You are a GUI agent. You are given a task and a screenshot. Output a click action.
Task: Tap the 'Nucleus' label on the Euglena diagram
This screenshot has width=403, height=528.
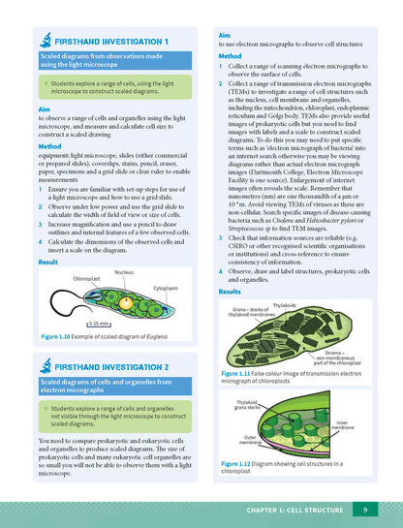point(123,272)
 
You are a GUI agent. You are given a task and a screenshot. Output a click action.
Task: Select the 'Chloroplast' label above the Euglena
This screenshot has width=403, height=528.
point(86,278)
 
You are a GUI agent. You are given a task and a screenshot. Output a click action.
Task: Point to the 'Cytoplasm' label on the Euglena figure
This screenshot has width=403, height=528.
point(165,288)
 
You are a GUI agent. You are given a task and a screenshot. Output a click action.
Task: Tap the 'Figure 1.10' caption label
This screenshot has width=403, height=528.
point(56,335)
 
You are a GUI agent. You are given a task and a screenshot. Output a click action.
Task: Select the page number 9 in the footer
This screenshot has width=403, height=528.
point(363,510)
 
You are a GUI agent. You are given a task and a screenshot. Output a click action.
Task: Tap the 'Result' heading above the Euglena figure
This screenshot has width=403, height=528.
point(47,262)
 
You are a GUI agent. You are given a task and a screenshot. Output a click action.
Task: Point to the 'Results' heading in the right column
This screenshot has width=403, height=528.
point(230,292)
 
